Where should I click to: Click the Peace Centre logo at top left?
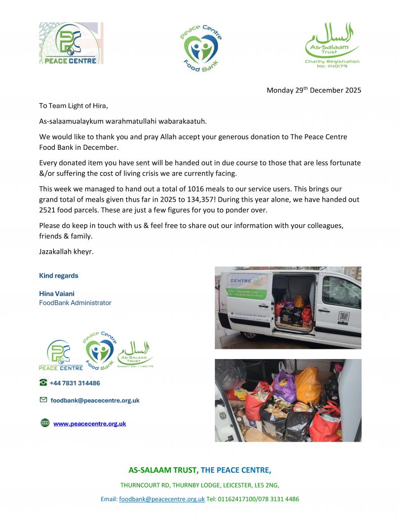pyautogui.click(x=71, y=43)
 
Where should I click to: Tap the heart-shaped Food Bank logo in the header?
pyautogui.click(x=201, y=48)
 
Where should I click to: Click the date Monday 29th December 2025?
pyautogui.click(x=314, y=90)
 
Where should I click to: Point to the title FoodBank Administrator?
pyautogui.click(x=75, y=303)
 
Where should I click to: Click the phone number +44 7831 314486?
pyautogui.click(x=75, y=383)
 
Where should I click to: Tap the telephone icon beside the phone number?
pyautogui.click(x=44, y=383)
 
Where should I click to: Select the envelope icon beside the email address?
pyautogui.click(x=44, y=400)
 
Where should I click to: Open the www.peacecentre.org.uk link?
pyautogui.click(x=90, y=424)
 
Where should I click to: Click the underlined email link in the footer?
pyautogui.click(x=162, y=499)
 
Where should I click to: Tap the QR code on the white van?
pyautogui.click(x=343, y=317)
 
